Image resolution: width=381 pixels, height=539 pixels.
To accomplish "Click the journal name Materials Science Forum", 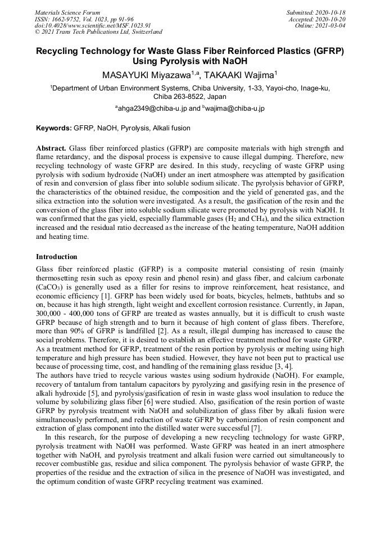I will pyautogui.click(x=67, y=12).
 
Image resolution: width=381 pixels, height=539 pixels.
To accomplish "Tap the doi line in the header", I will pyautogui.click(x=93, y=25).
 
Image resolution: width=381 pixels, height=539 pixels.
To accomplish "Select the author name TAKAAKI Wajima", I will pyautogui.click(x=238, y=75).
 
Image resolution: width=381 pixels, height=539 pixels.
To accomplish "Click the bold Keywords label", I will pyautogui.click(x=54, y=128).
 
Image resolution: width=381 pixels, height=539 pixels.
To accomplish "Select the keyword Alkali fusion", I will pyautogui.click(x=171, y=128).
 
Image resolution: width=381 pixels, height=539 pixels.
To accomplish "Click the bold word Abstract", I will pyautogui.click(x=51, y=147).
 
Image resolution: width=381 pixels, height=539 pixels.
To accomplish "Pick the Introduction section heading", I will pyautogui.click(x=56, y=256).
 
